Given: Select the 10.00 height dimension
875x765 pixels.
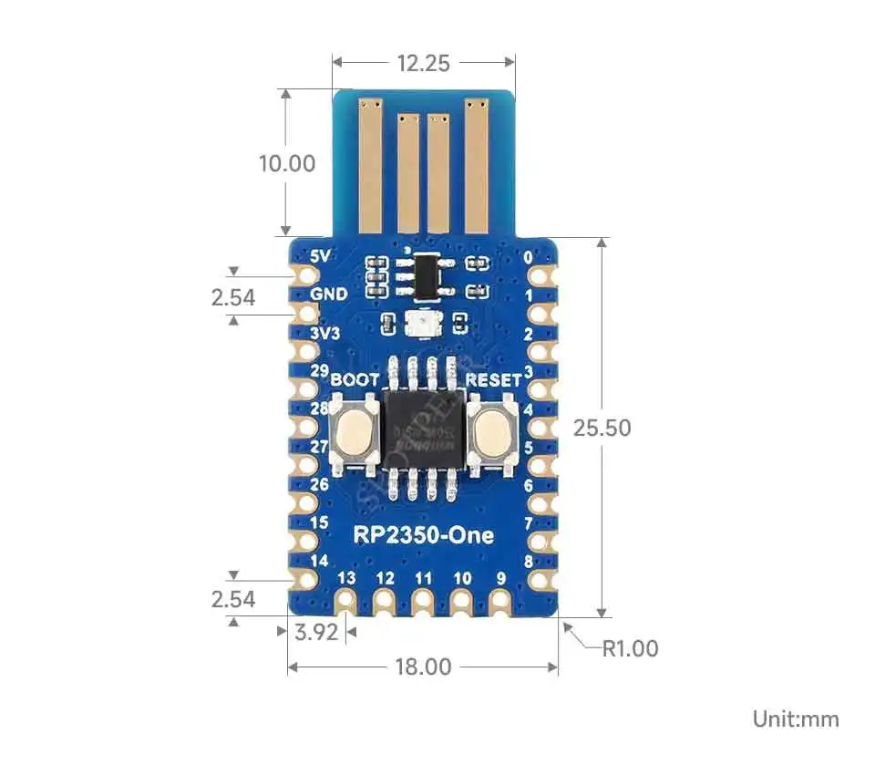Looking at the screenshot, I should [287, 163].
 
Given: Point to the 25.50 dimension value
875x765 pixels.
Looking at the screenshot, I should [602, 427].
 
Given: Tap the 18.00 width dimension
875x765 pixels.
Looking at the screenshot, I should [423, 667].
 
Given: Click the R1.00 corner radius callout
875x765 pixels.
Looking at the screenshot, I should [630, 648].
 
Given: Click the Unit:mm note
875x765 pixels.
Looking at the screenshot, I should [795, 718].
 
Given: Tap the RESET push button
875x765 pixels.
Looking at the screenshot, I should [492, 430].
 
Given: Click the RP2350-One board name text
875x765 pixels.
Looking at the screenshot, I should [423, 535].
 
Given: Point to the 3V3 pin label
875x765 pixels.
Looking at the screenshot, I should [325, 333].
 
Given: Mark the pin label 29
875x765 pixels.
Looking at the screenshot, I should [320, 371].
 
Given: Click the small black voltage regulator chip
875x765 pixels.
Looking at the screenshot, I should [424, 274].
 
